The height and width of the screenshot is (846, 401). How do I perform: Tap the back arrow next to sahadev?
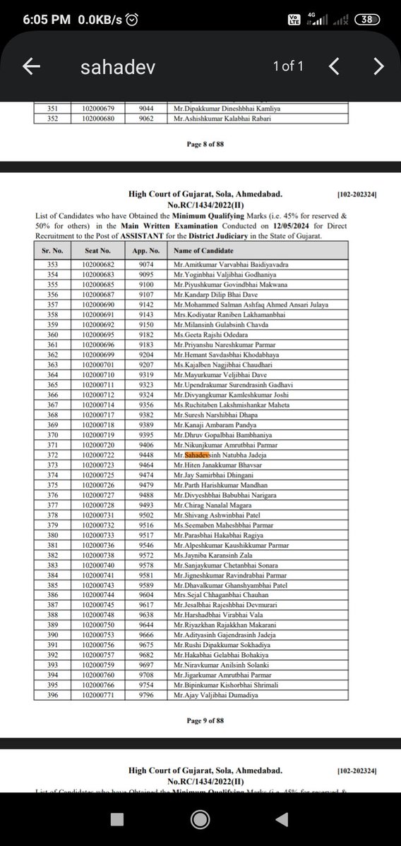click(x=31, y=66)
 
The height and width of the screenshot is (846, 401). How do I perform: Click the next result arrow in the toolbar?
click(x=378, y=66)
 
